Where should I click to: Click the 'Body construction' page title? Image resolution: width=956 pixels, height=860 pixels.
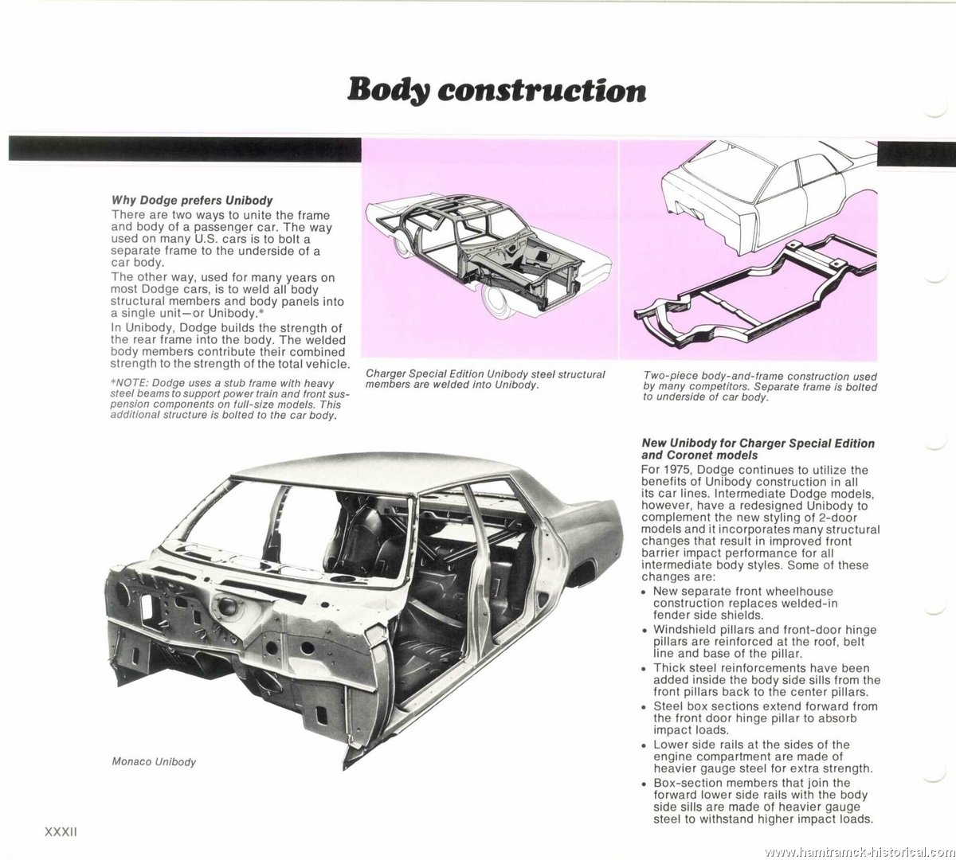pos(496,91)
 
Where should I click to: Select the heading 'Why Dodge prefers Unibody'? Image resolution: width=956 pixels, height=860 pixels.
pos(191,200)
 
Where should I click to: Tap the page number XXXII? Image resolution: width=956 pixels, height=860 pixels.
pos(61,832)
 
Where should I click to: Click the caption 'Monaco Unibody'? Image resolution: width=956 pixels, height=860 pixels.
pos(154,762)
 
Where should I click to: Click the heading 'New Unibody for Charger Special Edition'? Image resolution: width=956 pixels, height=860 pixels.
pos(758,443)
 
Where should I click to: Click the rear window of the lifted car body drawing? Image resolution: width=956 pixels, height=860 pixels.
pos(719,168)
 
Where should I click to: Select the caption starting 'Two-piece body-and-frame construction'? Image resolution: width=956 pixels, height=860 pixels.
pos(760,387)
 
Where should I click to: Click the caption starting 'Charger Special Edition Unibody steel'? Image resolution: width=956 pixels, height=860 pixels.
pos(485,379)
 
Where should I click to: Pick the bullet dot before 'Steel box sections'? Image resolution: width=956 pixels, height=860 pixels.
pos(645,708)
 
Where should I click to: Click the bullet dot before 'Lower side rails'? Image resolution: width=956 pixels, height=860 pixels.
pos(645,745)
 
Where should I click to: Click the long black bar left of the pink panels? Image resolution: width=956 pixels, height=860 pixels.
pos(185,149)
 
